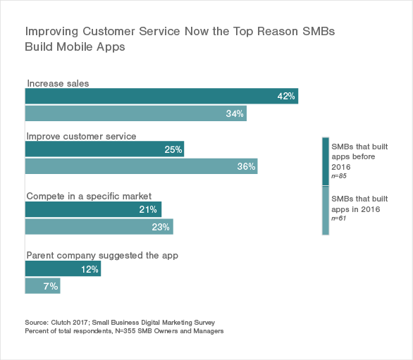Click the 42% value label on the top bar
pyautogui.click(x=285, y=97)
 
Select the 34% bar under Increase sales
pyautogui.click(x=135, y=113)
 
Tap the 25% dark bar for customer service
pyautogui.click(x=104, y=149)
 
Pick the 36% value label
pyautogui.click(x=246, y=166)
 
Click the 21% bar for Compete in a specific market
pyautogui.click(x=93, y=209)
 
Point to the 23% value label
pyautogui.click(x=161, y=227)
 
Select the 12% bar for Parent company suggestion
pyautogui.click(x=63, y=269)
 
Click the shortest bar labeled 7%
pyautogui.click(x=42, y=286)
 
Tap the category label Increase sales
pyautogui.click(x=58, y=83)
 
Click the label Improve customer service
pyautogui.click(x=81, y=136)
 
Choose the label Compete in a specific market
pyautogui.click(x=88, y=196)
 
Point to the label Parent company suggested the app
pyautogui.click(x=101, y=256)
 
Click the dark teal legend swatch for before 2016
pyautogui.click(x=325, y=161)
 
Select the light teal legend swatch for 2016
pyautogui.click(x=325, y=209)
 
